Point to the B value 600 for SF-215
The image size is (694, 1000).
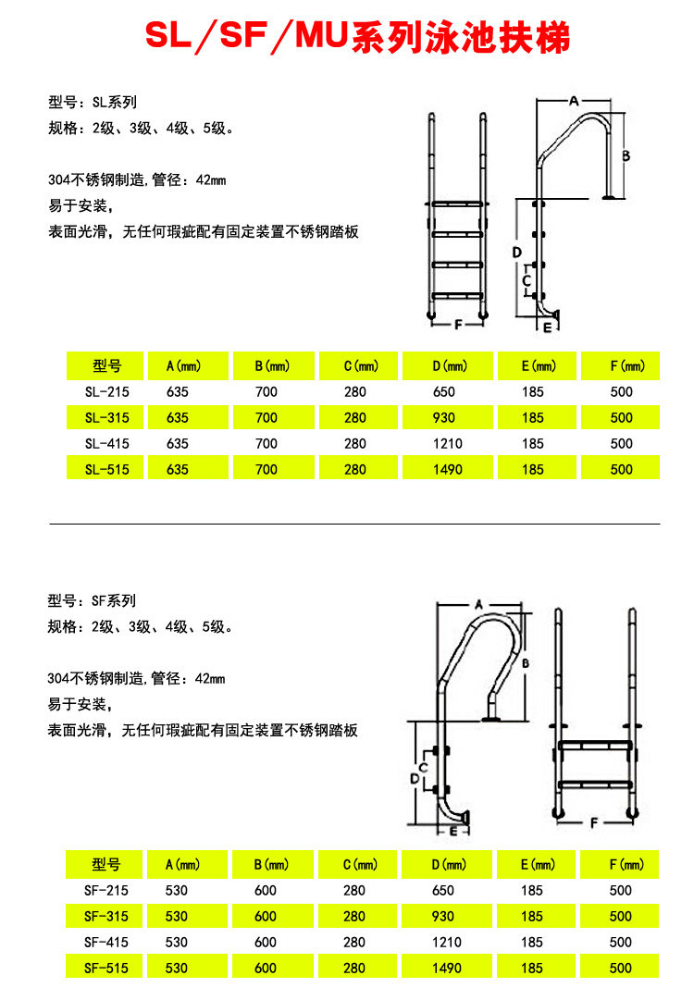(266, 891)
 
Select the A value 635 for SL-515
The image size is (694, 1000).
(178, 470)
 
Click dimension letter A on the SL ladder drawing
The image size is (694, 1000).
(573, 100)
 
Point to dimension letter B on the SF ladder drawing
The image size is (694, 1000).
(525, 663)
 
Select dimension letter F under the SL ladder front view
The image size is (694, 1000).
(458, 324)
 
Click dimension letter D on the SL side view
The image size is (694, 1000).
(517, 252)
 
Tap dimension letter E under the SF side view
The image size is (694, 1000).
(453, 831)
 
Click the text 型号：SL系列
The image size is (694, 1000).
(93, 103)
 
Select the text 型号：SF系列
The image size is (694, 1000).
(92, 600)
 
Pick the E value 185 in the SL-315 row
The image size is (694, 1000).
(533, 418)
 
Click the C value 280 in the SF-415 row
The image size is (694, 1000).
(354, 943)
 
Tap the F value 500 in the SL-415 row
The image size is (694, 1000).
(622, 444)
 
